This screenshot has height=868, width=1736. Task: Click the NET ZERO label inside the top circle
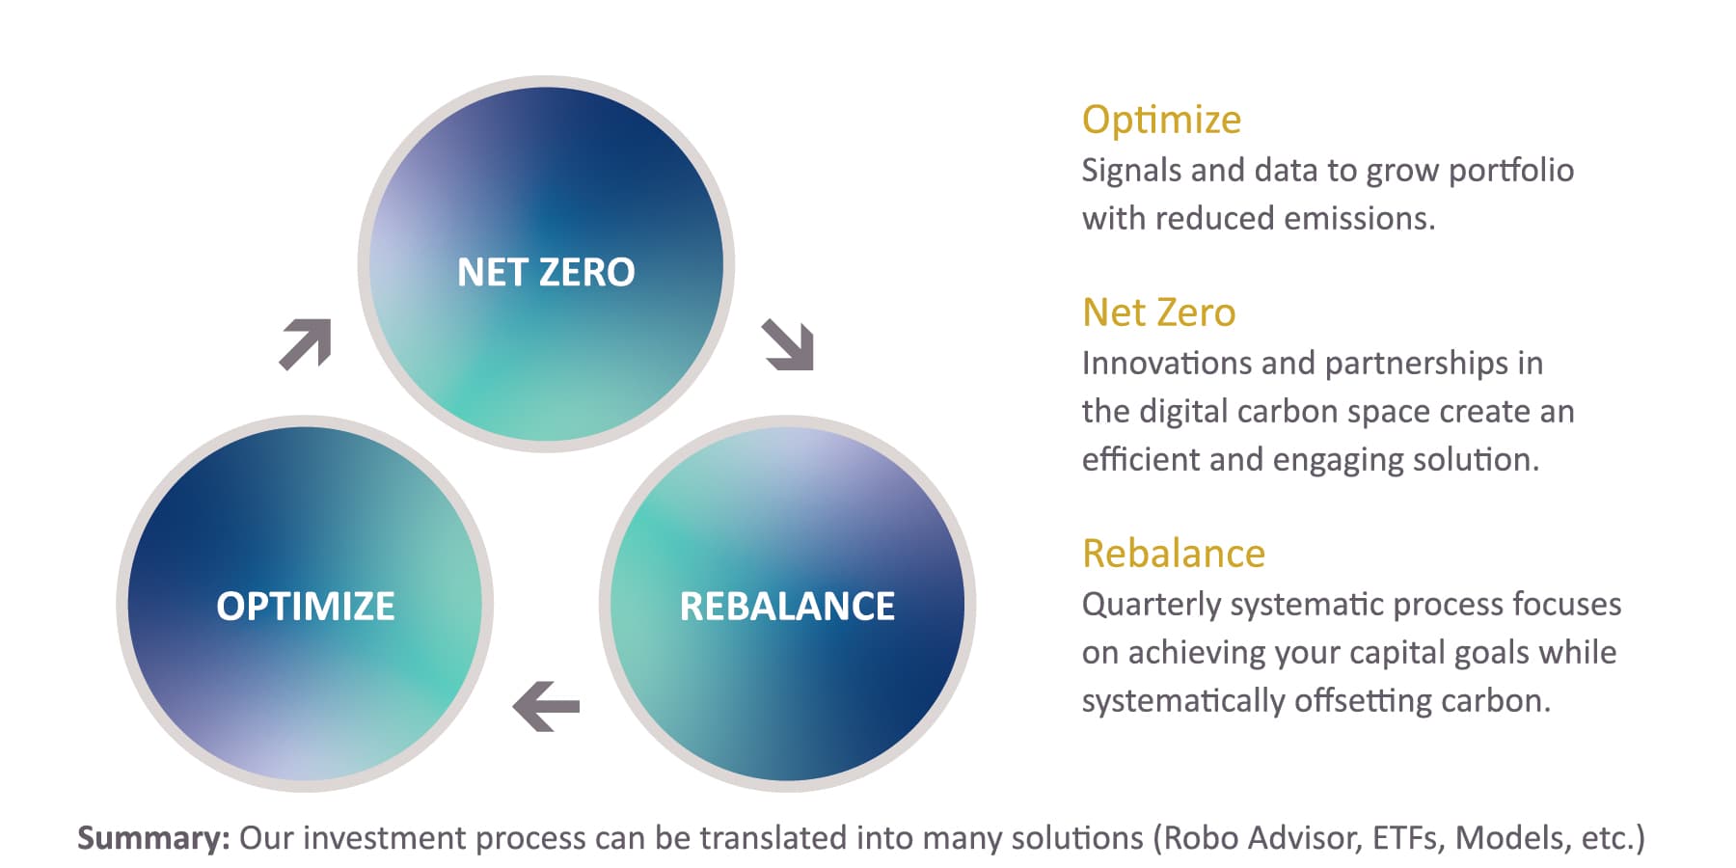coord(546,272)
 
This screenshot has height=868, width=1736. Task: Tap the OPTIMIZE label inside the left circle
coord(306,607)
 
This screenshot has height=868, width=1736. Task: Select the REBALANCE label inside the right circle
coord(787,607)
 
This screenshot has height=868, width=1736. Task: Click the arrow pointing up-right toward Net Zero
coord(306,343)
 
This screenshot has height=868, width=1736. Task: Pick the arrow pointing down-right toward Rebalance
coord(788,344)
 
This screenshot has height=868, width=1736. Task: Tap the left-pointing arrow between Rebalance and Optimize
coord(546,706)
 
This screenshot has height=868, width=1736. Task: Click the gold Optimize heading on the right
coord(1161,121)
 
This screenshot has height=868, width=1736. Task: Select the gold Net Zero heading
coord(1158,312)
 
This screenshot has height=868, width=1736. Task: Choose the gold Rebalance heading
coord(1174,554)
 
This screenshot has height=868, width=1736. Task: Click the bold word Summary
coord(153,837)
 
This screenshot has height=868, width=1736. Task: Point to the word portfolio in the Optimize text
coord(1510,171)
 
